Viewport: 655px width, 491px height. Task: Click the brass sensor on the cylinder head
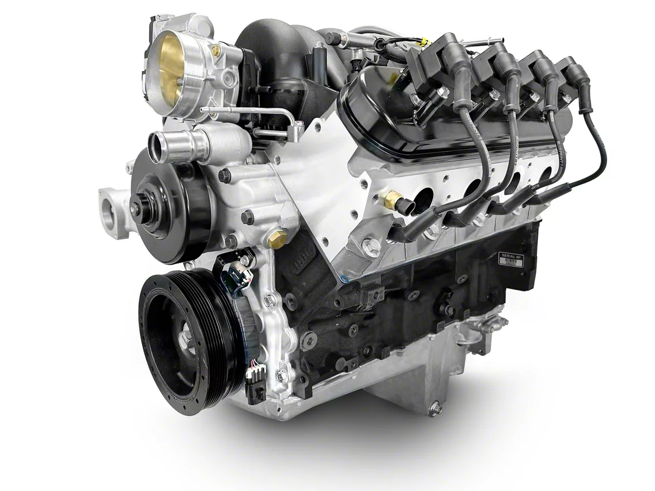[x=393, y=196]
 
